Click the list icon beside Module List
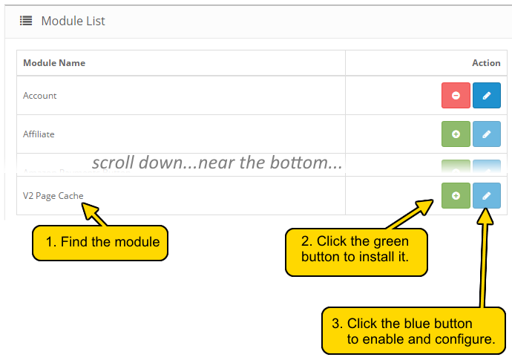26,21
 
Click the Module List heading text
73,21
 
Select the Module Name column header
54,63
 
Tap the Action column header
486,63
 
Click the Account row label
40,96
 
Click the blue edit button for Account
487,96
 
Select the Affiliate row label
39,134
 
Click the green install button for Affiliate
456,134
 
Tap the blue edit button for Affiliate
487,134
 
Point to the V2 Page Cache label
53,196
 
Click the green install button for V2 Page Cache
456,196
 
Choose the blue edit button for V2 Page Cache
487,196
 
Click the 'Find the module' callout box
101,242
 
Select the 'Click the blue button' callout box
413,331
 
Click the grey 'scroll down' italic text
217,163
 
